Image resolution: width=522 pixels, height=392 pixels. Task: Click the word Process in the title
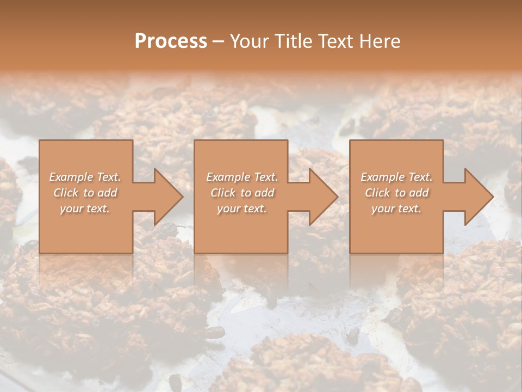171,41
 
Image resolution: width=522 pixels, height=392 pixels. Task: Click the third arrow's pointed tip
492,197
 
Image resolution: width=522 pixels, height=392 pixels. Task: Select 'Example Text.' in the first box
85,177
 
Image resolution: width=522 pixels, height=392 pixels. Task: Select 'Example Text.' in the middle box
242,177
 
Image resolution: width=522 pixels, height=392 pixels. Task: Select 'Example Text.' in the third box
396,177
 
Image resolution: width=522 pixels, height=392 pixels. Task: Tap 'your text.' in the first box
85,209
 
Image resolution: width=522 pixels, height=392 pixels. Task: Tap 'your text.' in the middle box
241,209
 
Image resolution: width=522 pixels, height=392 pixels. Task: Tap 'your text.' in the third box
396,209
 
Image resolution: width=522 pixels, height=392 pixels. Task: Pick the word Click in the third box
377,193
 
